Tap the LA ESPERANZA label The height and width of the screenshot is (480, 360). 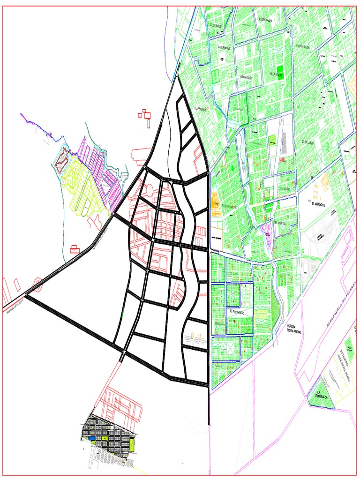(x=267, y=18)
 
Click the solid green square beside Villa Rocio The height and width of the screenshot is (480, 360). (x=280, y=75)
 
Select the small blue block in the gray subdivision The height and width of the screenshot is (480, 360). (x=93, y=438)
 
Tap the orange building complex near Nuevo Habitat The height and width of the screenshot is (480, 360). (x=216, y=200)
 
